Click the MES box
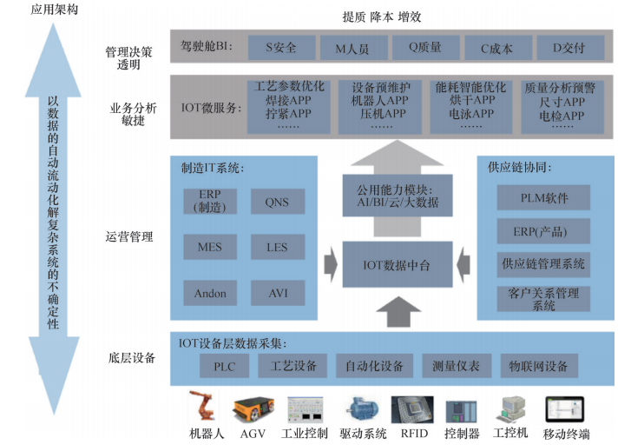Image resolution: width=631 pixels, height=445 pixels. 209,247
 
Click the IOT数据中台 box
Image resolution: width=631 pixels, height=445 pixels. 397,263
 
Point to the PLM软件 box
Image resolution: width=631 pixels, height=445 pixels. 544,198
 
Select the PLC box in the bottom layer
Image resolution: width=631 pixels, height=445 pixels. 224,366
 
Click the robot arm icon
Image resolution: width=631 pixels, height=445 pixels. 206,407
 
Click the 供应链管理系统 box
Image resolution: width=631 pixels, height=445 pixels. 544,263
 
